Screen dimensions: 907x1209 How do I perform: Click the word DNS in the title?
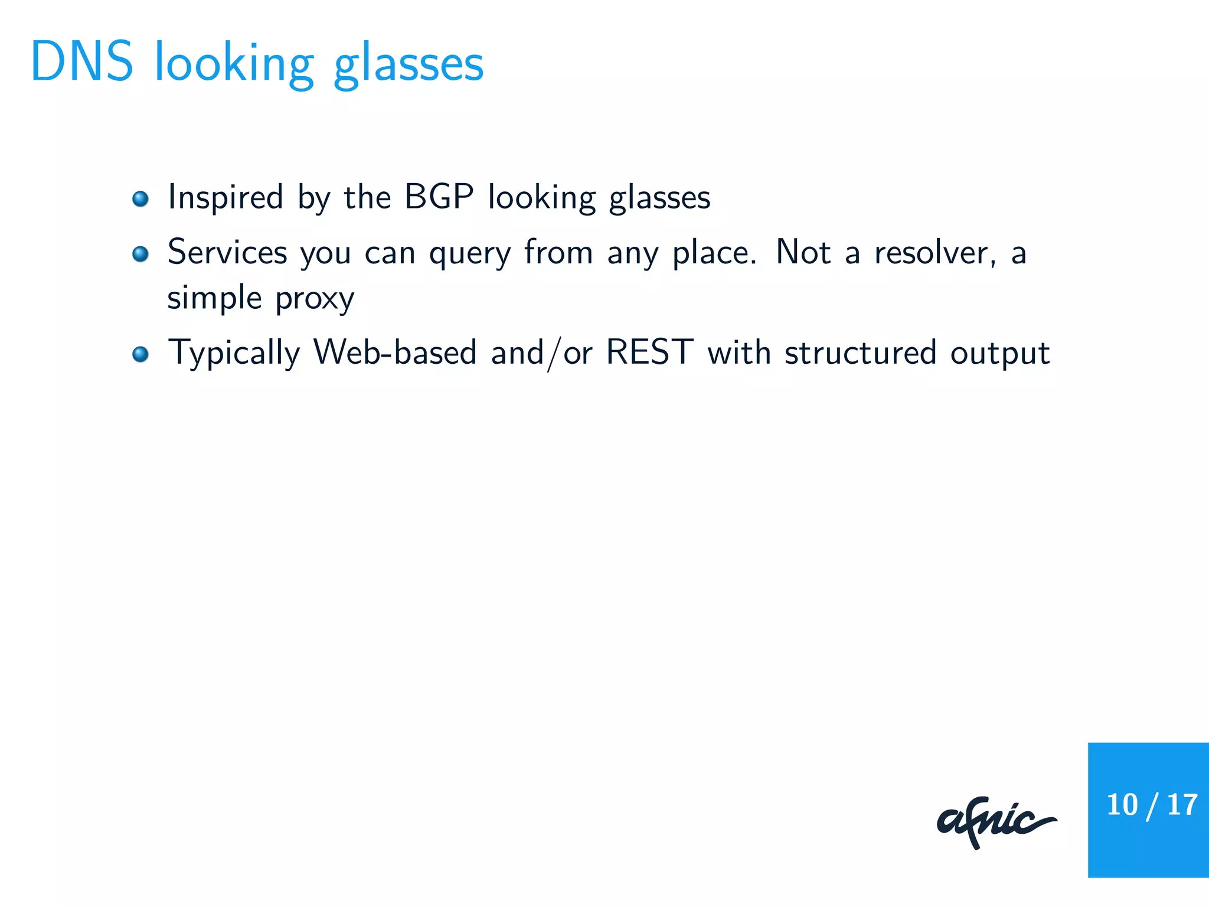(x=81, y=62)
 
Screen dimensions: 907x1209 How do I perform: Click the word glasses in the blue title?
(x=409, y=65)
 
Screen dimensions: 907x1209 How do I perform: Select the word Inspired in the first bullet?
(x=226, y=197)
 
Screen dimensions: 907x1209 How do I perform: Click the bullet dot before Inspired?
(x=140, y=199)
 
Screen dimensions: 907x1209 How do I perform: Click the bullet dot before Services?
(x=140, y=254)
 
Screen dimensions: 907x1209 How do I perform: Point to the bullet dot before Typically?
(x=140, y=354)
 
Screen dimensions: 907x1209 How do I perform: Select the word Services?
(x=227, y=252)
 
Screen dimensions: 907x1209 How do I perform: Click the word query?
(x=469, y=254)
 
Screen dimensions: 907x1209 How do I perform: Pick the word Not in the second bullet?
(x=803, y=252)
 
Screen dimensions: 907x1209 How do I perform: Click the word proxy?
(x=315, y=299)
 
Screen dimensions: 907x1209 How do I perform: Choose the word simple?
(x=214, y=298)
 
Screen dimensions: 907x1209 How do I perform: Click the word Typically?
(x=234, y=354)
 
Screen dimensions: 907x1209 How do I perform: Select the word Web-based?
(x=394, y=353)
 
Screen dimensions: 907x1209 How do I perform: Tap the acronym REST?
(x=649, y=353)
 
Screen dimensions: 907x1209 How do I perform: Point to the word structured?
(x=860, y=353)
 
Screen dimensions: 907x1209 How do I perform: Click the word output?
(x=1000, y=354)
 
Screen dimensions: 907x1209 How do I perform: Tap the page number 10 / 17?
(x=1151, y=805)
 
